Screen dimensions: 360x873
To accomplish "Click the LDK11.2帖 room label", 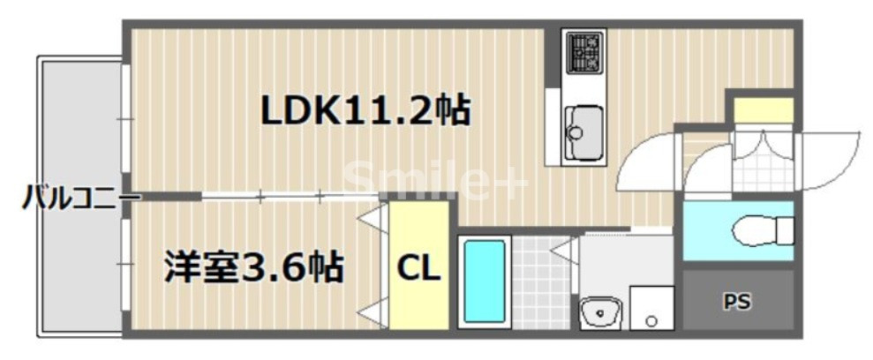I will (x=365, y=110).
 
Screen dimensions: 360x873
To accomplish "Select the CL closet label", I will (x=418, y=268).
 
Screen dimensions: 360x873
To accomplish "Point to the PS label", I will (x=737, y=303).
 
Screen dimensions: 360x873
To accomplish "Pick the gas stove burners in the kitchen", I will (x=583, y=52).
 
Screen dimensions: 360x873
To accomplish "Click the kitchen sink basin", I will (x=583, y=124).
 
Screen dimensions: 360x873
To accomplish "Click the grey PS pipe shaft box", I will (x=738, y=302).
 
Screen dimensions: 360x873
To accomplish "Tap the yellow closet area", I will (x=418, y=238).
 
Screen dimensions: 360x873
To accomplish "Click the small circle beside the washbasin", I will (x=653, y=318).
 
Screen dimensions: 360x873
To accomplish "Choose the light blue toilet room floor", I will (x=706, y=231).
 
